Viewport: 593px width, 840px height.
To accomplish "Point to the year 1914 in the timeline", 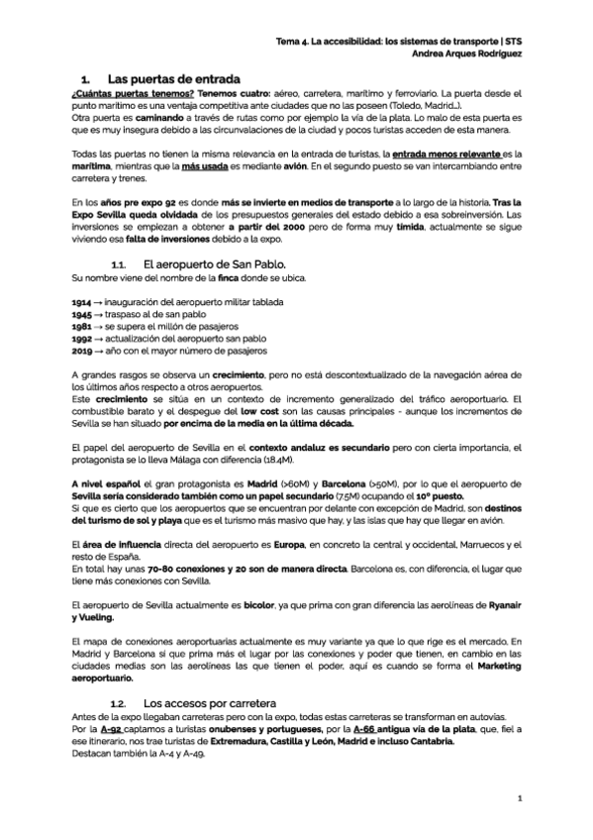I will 82,300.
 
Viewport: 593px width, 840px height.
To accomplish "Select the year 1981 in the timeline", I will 82,325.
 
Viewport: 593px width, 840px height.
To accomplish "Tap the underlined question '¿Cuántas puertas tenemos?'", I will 124,91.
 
